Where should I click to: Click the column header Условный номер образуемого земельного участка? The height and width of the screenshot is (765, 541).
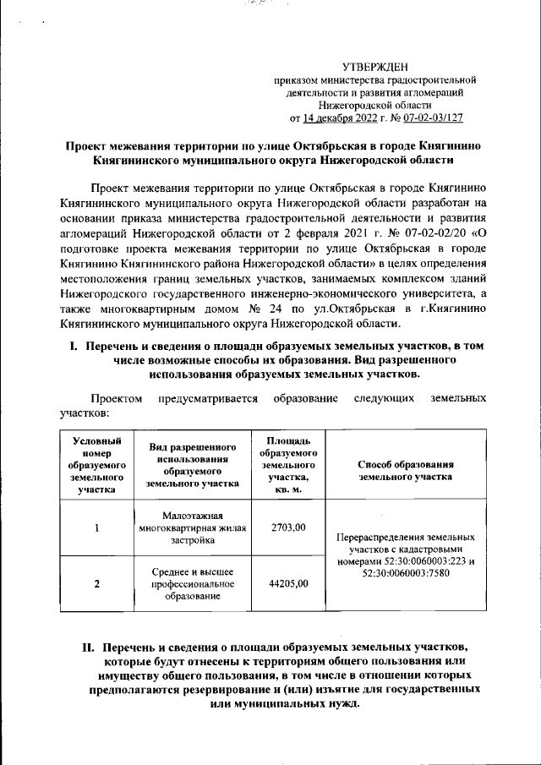click(x=98, y=465)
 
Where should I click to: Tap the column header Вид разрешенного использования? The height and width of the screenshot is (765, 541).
click(x=191, y=465)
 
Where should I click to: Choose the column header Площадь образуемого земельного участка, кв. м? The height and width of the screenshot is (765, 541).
click(x=287, y=465)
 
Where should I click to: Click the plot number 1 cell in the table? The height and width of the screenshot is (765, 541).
click(x=98, y=528)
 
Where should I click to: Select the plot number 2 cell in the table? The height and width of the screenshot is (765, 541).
click(x=98, y=583)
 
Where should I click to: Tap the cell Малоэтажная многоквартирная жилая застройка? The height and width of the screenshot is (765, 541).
click(x=191, y=528)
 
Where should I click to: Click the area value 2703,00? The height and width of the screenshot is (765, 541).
click(x=287, y=527)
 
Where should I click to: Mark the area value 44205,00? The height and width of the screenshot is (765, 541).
click(x=287, y=583)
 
